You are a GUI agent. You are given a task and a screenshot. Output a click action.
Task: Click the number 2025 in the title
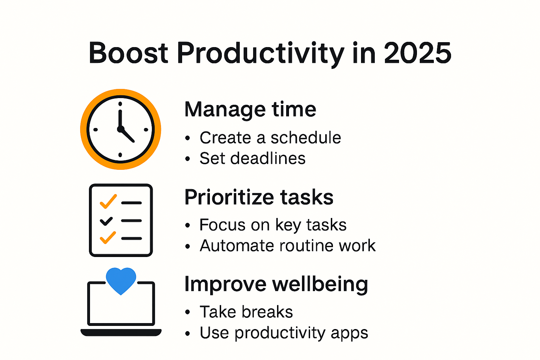417,53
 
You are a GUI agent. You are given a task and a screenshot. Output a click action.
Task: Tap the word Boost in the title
128,53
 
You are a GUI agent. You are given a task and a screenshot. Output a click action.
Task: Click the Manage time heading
250,109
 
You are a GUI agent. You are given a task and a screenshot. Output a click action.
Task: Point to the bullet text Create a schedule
270,138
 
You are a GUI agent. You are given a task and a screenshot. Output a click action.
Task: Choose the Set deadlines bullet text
252,159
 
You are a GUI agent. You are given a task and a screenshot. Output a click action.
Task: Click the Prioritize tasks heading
259,197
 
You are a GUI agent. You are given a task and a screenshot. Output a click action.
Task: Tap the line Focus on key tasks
273,225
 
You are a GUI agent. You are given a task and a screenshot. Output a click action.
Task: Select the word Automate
237,246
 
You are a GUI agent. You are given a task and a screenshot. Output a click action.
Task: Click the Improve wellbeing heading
276,284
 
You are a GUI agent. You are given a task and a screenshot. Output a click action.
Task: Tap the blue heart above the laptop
121,280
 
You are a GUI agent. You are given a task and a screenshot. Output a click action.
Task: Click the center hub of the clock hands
120,129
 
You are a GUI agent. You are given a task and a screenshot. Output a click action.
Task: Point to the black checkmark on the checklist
106,221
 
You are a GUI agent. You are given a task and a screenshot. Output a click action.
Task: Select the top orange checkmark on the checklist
108,201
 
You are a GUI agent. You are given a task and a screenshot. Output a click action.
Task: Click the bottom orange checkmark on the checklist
108,238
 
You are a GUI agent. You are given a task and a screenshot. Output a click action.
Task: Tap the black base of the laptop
121,332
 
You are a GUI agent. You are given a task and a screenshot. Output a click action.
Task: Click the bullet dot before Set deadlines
188,159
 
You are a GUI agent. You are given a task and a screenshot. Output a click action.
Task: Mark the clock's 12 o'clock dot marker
120,104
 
